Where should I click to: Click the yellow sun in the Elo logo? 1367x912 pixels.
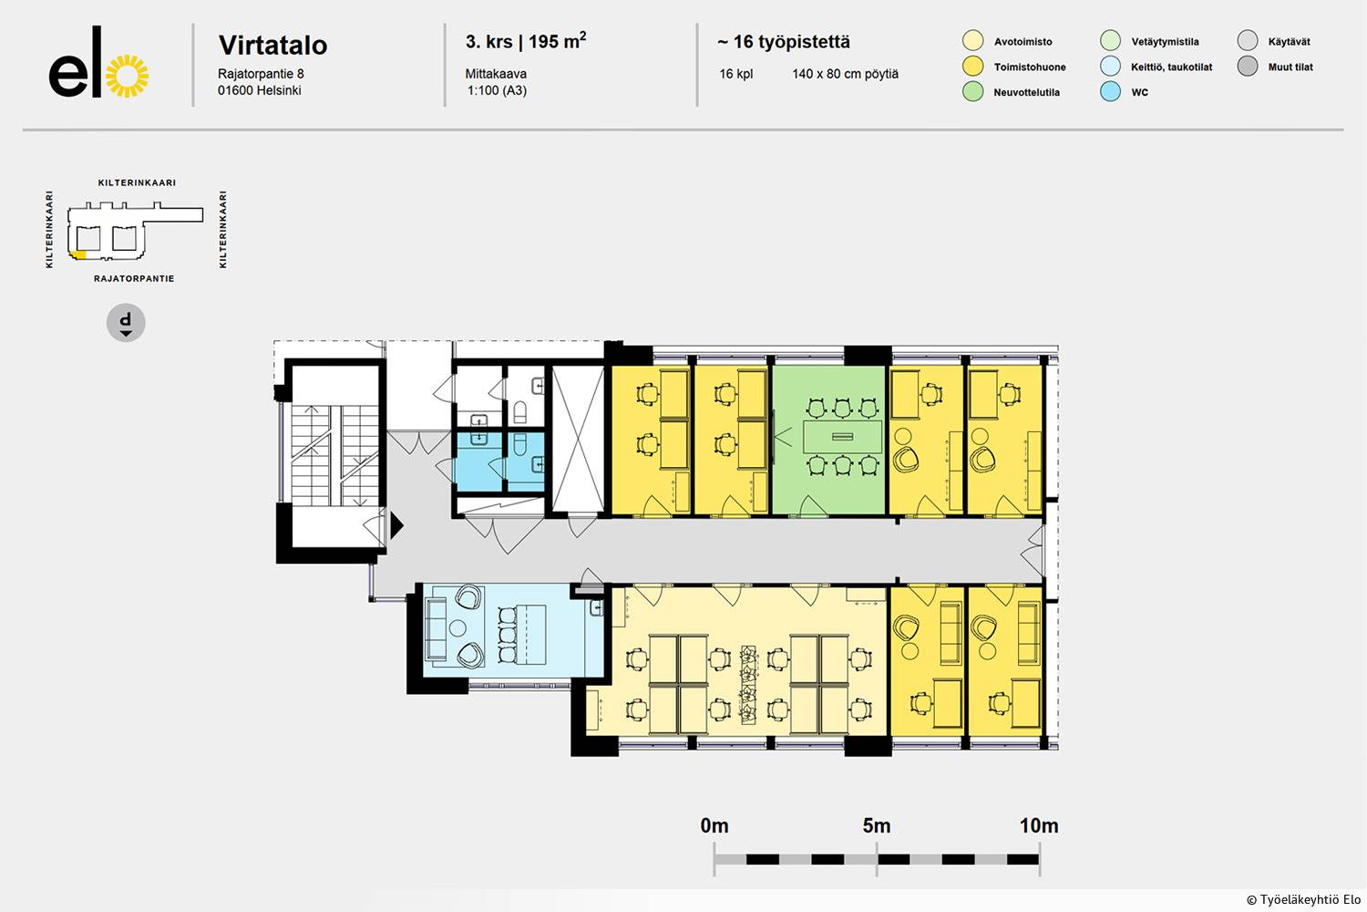coord(127,77)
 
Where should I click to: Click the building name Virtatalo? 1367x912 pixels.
coord(272,46)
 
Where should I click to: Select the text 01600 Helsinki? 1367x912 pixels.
coord(260,90)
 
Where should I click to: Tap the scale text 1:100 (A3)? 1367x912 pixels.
coord(497,90)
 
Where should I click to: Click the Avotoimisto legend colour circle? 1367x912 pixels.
coord(972,41)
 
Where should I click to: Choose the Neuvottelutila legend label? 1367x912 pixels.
coord(1026,93)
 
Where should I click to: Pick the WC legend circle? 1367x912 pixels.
coord(1110,91)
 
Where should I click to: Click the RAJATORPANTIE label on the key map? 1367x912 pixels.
coord(134,278)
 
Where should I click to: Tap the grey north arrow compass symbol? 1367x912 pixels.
coord(126,323)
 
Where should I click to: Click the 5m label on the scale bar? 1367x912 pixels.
coord(877,826)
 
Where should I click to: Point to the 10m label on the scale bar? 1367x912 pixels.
coord(1039,826)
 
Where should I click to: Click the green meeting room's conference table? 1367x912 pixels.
coord(842,436)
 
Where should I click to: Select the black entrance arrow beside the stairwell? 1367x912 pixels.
coord(396,524)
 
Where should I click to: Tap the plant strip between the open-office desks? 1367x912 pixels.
coord(748,685)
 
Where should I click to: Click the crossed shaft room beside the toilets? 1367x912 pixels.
coord(577,440)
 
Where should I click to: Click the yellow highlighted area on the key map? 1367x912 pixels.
coord(78,254)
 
